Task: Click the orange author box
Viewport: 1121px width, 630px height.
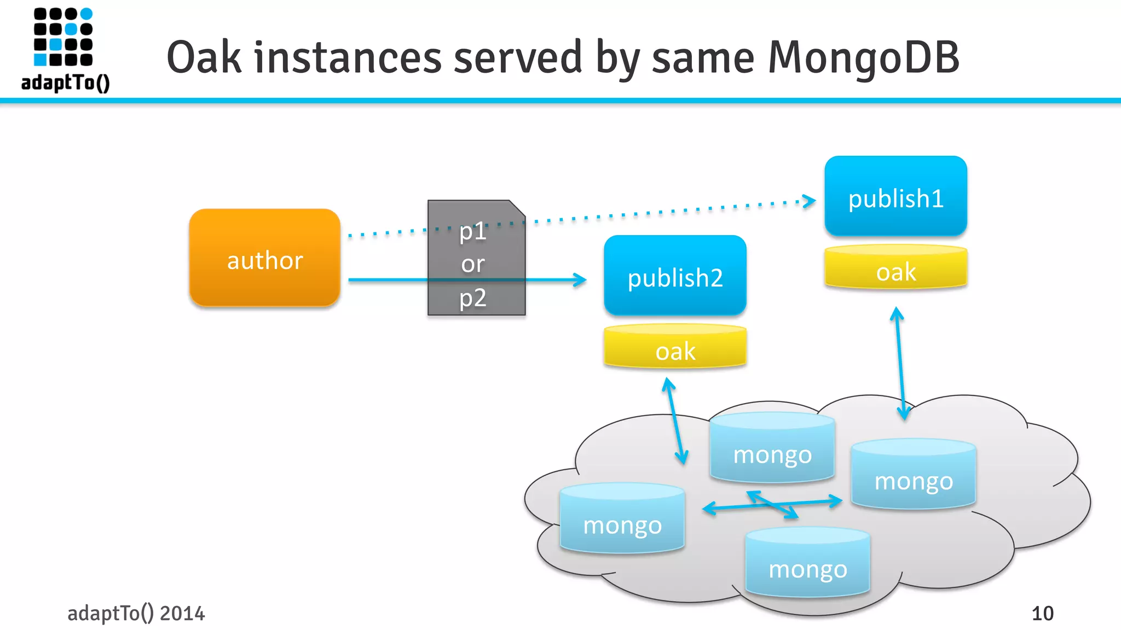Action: (265, 258)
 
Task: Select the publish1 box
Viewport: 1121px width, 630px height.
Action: (895, 197)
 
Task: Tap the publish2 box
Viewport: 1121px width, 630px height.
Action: (675, 276)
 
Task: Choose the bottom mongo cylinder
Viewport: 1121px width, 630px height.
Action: (807, 563)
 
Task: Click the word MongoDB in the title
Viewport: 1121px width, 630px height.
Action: (863, 57)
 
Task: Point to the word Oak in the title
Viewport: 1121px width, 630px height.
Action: (204, 57)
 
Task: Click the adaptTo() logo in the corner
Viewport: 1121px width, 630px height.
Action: (65, 49)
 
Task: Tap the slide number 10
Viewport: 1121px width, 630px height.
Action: (1042, 614)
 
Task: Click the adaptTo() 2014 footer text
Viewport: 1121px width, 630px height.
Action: (136, 614)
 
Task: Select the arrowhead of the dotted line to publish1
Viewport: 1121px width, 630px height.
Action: (810, 201)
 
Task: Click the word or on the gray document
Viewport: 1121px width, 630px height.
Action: (473, 265)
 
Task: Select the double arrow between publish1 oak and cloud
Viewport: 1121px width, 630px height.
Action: (900, 364)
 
